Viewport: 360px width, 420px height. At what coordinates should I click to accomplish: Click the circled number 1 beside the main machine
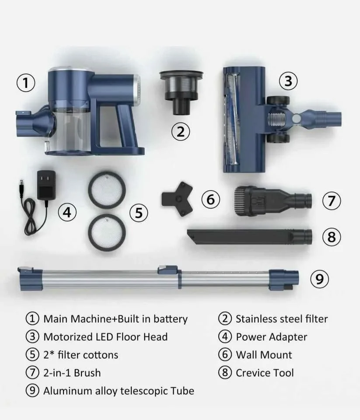click(26, 83)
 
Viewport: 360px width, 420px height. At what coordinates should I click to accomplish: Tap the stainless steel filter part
click(181, 92)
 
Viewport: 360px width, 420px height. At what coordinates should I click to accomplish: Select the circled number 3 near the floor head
click(288, 81)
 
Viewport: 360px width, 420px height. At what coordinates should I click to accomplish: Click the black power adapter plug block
click(46, 185)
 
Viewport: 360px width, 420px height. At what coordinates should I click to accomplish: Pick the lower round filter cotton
click(107, 232)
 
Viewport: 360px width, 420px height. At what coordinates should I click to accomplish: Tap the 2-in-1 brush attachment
click(273, 201)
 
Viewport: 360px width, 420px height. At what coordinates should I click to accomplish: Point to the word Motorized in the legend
click(65, 337)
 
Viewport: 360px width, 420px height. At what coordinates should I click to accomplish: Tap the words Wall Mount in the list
click(264, 355)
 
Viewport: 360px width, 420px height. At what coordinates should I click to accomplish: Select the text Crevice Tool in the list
click(265, 373)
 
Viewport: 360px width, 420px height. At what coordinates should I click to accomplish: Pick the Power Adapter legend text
click(271, 337)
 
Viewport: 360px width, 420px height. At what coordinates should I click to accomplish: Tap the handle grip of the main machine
click(127, 124)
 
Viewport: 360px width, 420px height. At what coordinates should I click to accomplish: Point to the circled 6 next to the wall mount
click(211, 199)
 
